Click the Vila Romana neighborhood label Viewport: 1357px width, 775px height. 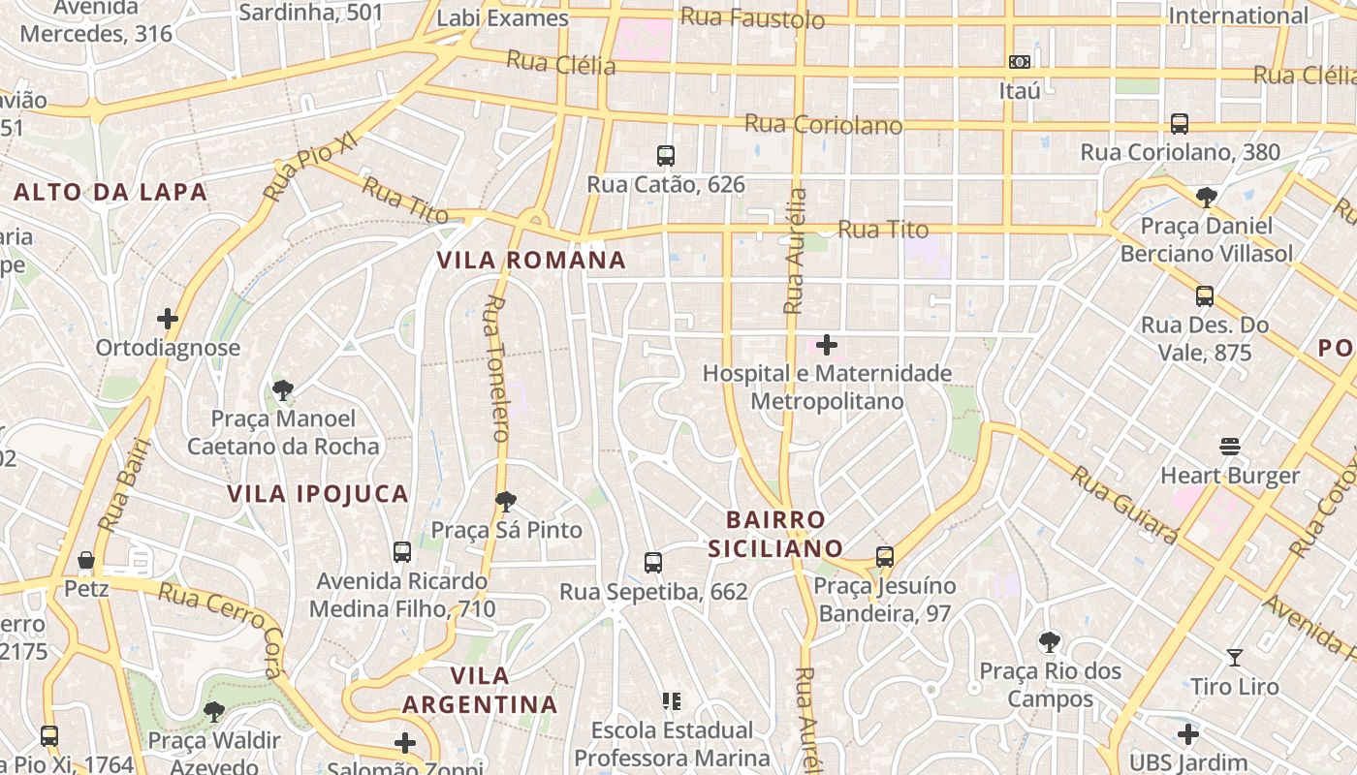pos(531,261)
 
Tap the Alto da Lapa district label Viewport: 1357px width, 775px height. pos(110,192)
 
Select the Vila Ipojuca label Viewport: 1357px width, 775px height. pos(318,494)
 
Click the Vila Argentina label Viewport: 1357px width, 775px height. pos(481,690)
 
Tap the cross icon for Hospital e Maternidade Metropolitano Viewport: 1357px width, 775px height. pos(827,345)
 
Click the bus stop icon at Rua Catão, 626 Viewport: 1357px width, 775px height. pos(666,155)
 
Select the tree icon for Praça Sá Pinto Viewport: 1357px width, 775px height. pos(505,502)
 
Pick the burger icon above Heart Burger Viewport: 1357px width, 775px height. pos(1230,447)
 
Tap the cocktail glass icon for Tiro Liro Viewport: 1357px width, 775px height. pos(1235,658)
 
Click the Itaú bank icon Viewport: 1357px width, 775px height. pos(1019,62)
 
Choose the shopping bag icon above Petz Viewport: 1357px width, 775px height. pos(86,560)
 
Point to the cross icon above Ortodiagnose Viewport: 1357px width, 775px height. pos(168,319)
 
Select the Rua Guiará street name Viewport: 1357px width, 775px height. pos(1125,504)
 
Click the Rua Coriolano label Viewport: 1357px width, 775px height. pos(823,125)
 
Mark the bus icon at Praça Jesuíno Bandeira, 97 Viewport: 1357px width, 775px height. pos(884,557)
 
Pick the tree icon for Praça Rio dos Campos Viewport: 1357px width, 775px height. pos(1049,641)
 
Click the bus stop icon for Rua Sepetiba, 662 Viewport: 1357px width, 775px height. pos(653,563)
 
